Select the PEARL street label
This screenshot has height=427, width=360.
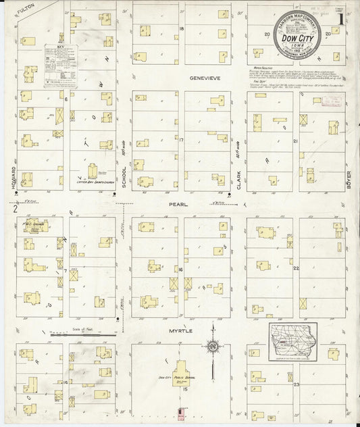[178, 202]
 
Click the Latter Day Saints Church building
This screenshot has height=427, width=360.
[93, 172]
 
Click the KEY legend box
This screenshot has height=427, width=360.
[60, 66]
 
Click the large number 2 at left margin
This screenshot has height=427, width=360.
[14, 208]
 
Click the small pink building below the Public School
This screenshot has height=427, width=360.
[180, 411]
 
